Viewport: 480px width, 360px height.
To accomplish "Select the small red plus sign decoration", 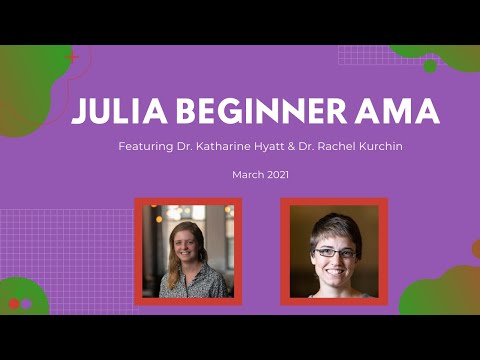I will coord(72,58).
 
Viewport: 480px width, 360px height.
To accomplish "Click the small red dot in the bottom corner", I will coord(14,304).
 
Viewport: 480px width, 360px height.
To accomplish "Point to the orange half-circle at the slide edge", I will coord(476,249).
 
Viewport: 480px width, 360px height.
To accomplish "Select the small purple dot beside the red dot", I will coord(27,304).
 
